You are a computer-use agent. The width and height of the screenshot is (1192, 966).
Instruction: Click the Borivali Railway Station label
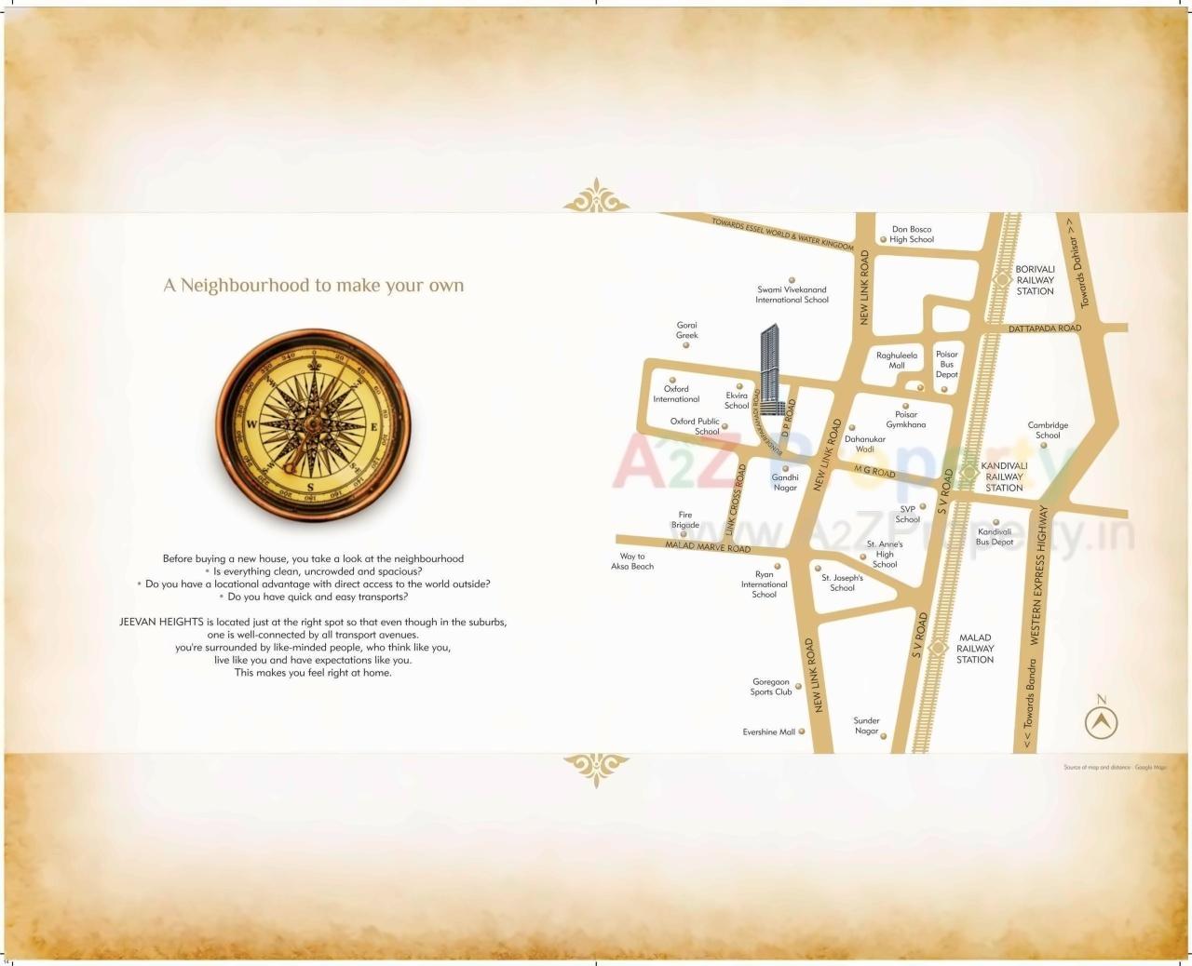pos(1035,280)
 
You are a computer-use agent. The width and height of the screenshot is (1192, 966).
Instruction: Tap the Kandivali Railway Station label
pos(1004,476)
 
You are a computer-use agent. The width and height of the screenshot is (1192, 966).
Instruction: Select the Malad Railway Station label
pos(975,649)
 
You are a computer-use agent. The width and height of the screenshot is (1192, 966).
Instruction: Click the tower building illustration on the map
pos(769,372)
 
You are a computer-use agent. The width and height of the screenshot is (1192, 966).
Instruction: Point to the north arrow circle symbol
pos(1102,722)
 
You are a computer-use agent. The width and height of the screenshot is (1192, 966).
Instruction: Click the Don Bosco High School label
pos(911,235)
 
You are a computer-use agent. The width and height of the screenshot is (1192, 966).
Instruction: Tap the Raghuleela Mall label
pos(896,360)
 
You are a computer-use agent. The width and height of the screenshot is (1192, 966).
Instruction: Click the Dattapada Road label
pos(1044,329)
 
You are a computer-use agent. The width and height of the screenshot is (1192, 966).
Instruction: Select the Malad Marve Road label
pos(708,547)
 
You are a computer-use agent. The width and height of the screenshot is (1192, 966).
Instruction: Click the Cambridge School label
pos(1048,430)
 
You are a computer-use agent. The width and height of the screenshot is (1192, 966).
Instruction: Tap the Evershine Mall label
pos(769,732)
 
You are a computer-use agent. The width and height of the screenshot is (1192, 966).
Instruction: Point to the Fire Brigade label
pos(685,519)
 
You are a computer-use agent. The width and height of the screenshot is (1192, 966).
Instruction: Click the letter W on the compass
pos(251,423)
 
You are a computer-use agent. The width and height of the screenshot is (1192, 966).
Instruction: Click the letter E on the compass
pos(374,427)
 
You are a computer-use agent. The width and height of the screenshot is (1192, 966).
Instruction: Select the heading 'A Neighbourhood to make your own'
pos(314,286)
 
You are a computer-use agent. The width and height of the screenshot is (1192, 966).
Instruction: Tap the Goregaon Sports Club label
pos(771,687)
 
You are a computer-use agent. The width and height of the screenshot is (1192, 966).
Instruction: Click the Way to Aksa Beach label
pos(632,561)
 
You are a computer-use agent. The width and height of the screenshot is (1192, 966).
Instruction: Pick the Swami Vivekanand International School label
pos(792,295)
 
